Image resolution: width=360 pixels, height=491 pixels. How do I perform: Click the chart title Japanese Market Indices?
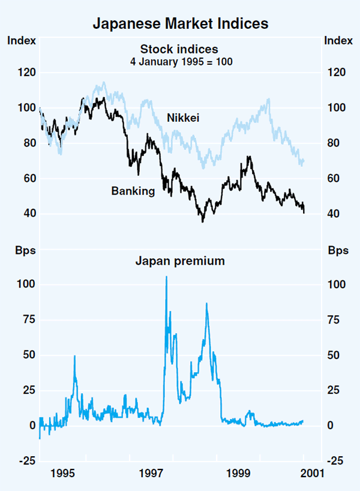tap(180, 25)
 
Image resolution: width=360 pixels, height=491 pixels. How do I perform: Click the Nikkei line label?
tap(182, 119)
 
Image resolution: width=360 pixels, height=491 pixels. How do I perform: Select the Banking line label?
tap(133, 191)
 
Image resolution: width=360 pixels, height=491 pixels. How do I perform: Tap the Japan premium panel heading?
tap(180, 261)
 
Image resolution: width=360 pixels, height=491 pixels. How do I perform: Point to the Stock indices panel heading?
tap(180, 49)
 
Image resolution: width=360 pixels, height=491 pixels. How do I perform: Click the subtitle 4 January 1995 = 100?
tap(180, 61)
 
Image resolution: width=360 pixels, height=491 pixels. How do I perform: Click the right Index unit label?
tap(338, 41)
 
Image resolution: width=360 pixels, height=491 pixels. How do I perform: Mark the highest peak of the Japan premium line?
tap(166, 277)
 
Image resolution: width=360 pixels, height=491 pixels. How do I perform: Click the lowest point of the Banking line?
tap(203, 221)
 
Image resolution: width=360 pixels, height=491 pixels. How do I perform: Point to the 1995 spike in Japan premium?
tap(74, 356)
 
